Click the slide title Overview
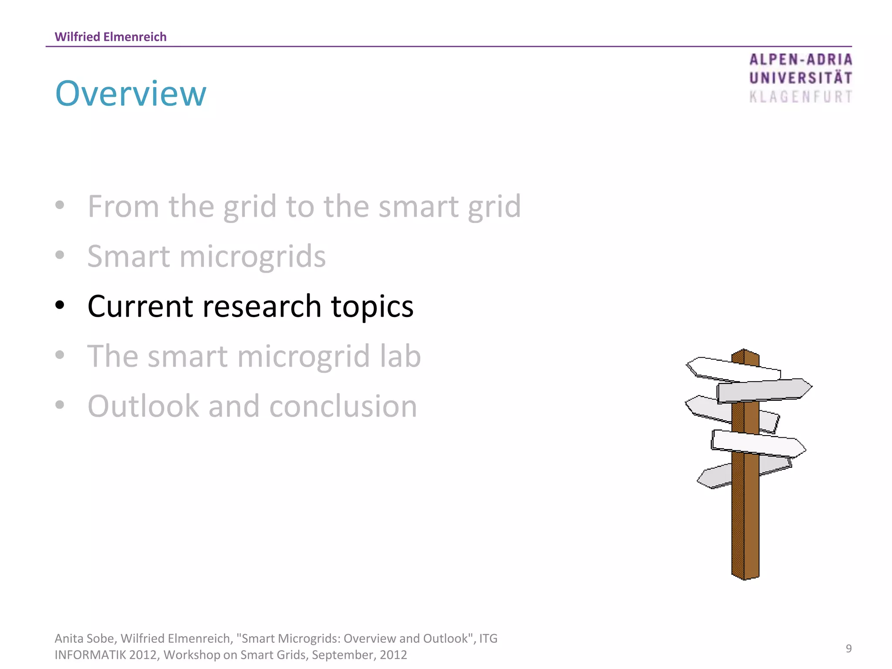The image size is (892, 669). [131, 94]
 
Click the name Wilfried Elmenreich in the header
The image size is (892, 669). [111, 37]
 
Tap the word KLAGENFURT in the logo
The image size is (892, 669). [801, 97]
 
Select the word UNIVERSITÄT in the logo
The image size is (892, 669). [801, 78]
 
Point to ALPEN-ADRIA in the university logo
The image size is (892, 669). [801, 60]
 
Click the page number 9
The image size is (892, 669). [848, 649]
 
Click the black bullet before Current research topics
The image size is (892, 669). [60, 305]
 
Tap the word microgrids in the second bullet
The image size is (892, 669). [252, 257]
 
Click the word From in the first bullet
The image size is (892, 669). [123, 206]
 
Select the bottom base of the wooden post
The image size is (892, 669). [745, 576]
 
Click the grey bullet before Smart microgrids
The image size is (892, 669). [60, 255]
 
